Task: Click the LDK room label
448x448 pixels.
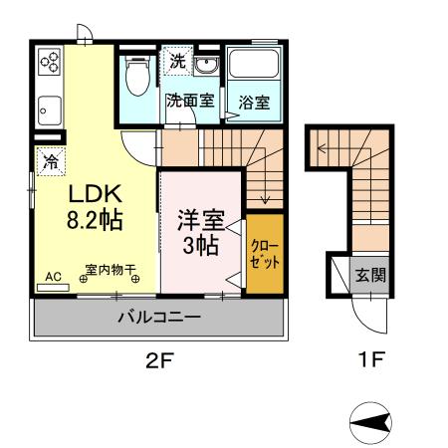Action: pos(96,194)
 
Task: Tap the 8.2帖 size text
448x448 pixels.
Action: pos(95,219)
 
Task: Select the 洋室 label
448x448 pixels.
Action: pos(201,220)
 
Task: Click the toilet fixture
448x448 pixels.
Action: pos(138,76)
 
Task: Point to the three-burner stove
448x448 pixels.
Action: pos(50,62)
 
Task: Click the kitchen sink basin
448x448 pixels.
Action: pos(50,111)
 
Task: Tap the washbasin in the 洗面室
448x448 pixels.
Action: pos(206,64)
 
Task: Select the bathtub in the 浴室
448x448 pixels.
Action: pos(254,64)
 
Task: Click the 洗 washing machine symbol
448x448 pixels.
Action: pos(177,61)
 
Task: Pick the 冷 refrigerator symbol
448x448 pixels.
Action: pos(51,161)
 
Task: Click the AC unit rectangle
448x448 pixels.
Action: pos(53,288)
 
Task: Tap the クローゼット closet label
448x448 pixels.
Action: pos(265,254)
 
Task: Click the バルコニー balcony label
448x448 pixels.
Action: pos(159,318)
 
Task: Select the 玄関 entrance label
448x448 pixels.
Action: pos(370,275)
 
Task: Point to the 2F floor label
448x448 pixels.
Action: pos(160,360)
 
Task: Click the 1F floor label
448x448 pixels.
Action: pos(371,358)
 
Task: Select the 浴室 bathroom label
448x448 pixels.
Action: pos(254,103)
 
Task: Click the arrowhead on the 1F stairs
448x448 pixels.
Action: pos(321,148)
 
